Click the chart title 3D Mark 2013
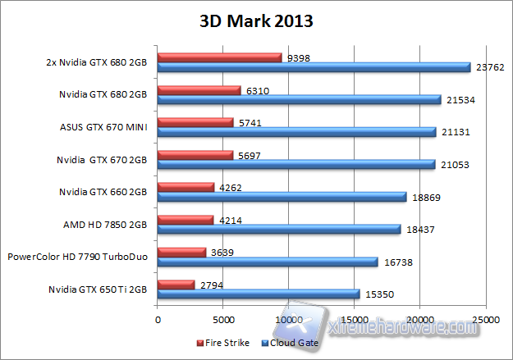tap(256, 21)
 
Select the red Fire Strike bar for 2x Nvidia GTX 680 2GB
tap(219, 57)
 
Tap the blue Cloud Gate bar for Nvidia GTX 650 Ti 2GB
tap(259, 294)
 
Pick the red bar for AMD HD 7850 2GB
tap(185, 219)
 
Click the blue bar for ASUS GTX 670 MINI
tap(296, 132)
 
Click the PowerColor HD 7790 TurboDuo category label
tap(76, 257)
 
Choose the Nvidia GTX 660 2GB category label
tap(104, 192)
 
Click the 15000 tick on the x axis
tap(354, 320)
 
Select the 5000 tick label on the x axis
tap(222, 320)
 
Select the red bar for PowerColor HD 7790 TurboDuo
tap(181, 252)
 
